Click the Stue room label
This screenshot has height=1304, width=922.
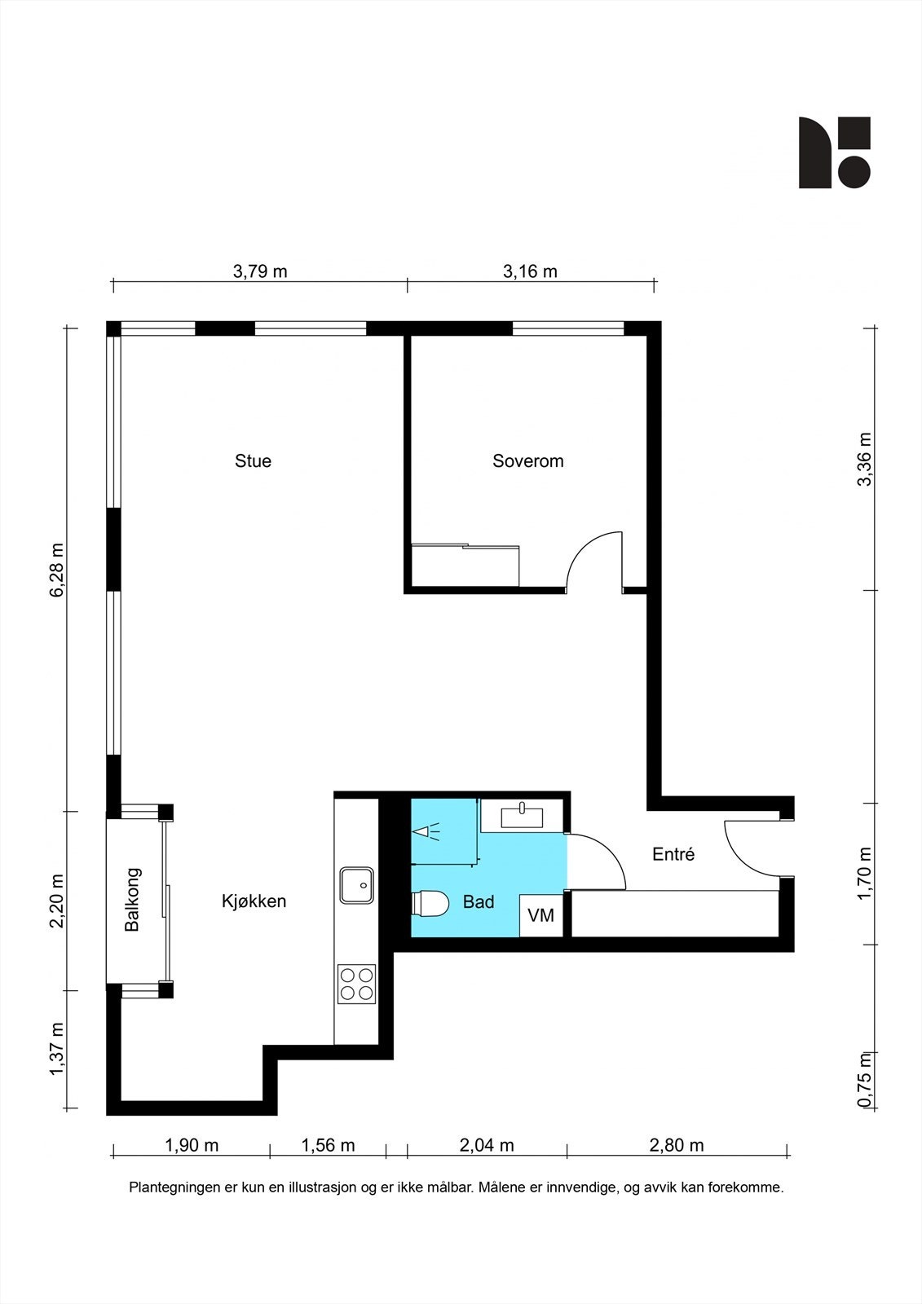(x=253, y=461)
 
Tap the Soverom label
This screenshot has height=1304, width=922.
(x=527, y=461)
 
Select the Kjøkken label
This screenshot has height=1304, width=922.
(x=254, y=901)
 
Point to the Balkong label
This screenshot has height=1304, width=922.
(x=132, y=900)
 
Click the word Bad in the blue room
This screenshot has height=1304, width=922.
(x=479, y=901)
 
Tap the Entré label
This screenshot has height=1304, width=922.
(x=673, y=854)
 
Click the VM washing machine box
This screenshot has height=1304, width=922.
(x=541, y=915)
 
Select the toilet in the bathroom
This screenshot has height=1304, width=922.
(x=430, y=903)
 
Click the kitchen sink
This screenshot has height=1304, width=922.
(x=356, y=885)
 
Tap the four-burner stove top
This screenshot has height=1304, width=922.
(x=356, y=984)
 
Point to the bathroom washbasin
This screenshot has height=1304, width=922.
(x=522, y=816)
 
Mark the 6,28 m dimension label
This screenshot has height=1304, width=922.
(x=57, y=570)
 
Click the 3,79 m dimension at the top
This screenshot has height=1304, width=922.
(x=260, y=271)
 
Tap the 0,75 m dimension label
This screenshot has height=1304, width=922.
(x=865, y=1079)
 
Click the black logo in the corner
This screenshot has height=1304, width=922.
(x=834, y=152)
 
